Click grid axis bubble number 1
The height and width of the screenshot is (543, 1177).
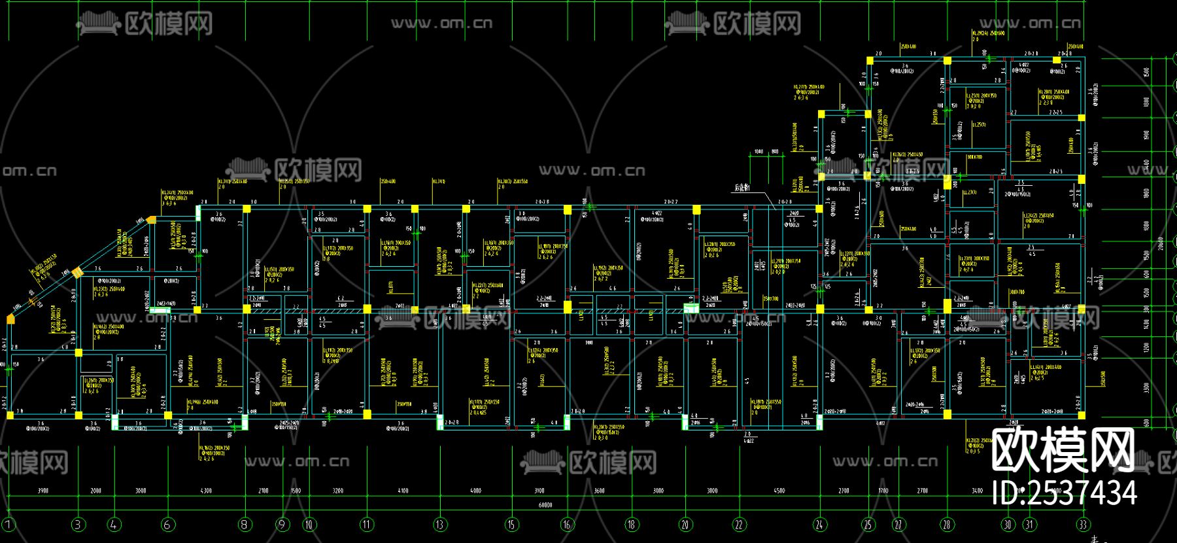click(9, 524)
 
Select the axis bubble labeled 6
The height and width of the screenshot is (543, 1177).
click(167, 524)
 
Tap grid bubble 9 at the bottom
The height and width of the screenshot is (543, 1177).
click(282, 524)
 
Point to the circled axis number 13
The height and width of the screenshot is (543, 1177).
click(439, 524)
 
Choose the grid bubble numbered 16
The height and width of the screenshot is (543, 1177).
click(567, 524)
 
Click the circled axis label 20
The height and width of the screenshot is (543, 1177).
click(685, 524)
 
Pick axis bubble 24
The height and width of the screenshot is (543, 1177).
click(820, 524)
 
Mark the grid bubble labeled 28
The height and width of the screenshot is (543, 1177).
click(947, 524)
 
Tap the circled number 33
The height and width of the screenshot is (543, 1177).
click(1083, 524)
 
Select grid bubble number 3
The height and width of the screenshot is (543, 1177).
click(78, 524)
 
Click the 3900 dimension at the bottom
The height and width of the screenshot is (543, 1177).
click(43, 491)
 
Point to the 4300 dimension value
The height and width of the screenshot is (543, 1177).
click(206, 491)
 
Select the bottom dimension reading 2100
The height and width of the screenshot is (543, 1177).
click(264, 491)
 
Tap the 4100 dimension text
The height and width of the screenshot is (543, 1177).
click(403, 491)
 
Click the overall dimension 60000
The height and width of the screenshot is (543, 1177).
click(545, 505)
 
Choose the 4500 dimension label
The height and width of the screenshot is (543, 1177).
click(779, 491)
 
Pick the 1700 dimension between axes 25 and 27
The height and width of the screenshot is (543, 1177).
click(883, 491)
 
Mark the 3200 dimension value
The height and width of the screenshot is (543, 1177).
click(337, 491)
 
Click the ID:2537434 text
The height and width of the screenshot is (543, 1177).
click(1065, 493)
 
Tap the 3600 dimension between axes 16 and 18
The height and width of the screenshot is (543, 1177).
click(599, 491)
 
